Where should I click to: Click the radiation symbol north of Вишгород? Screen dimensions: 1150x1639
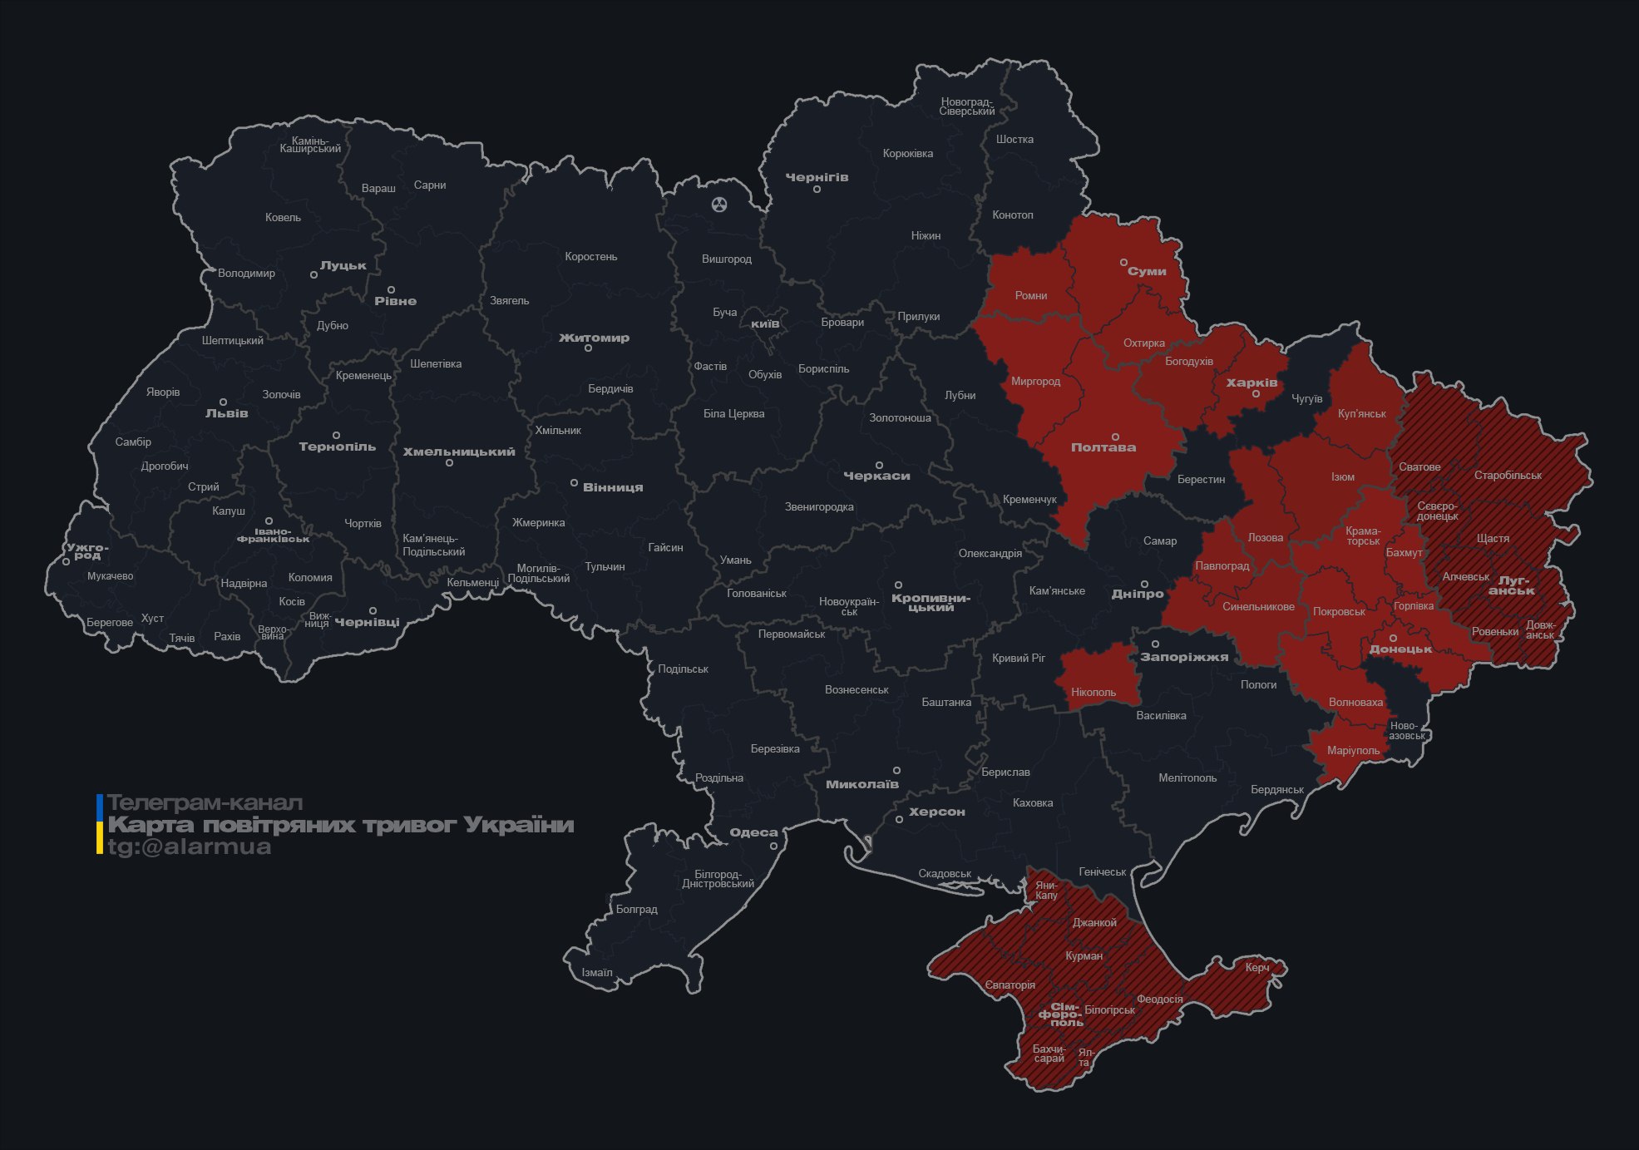tap(719, 204)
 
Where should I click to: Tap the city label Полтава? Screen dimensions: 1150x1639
tap(1103, 447)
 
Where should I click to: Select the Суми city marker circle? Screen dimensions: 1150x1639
tap(1123, 262)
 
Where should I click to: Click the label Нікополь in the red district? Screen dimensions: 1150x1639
tap(1093, 692)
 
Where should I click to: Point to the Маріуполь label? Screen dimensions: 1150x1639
tap(1353, 750)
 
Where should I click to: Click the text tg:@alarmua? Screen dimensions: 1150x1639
tap(190, 846)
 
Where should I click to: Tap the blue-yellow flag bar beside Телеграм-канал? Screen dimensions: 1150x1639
tap(100, 824)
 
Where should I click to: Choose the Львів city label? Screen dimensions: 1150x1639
tap(226, 413)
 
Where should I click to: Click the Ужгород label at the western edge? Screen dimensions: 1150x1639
tap(87, 551)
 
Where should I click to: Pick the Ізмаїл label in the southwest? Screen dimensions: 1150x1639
tap(596, 972)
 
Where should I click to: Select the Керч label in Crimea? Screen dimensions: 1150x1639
tap(1256, 967)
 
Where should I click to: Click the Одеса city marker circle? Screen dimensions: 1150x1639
tap(773, 846)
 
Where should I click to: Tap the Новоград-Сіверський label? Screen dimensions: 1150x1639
tap(967, 106)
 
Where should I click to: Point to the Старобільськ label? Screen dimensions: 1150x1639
tap(1507, 476)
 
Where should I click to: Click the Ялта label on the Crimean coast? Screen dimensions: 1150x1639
tap(1084, 1057)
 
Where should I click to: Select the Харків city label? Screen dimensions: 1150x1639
tap(1251, 383)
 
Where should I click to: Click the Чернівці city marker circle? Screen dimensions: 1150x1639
tap(373, 611)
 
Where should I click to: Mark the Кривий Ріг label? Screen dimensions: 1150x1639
tap(1018, 658)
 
